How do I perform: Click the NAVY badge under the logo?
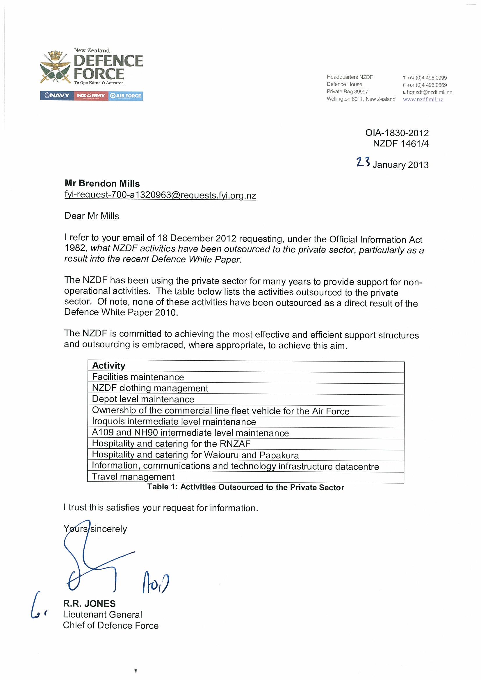click(x=57, y=96)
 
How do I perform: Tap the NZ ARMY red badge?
click(x=91, y=96)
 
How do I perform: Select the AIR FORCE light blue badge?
click(x=126, y=96)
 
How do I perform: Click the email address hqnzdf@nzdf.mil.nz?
click(x=429, y=92)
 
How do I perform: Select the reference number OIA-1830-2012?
click(x=397, y=133)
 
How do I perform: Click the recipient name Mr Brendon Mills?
click(x=102, y=184)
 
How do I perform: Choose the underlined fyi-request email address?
click(x=160, y=195)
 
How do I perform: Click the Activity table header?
click(x=109, y=366)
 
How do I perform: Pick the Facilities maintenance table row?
click(x=138, y=377)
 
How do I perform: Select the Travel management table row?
click(x=133, y=477)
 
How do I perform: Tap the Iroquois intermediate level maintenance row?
click(x=174, y=421)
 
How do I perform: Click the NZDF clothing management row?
click(x=150, y=388)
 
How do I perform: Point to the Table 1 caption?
click(x=246, y=487)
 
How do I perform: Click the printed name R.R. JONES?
click(x=89, y=604)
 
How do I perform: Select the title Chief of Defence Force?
click(x=111, y=625)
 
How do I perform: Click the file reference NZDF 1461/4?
click(x=401, y=144)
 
